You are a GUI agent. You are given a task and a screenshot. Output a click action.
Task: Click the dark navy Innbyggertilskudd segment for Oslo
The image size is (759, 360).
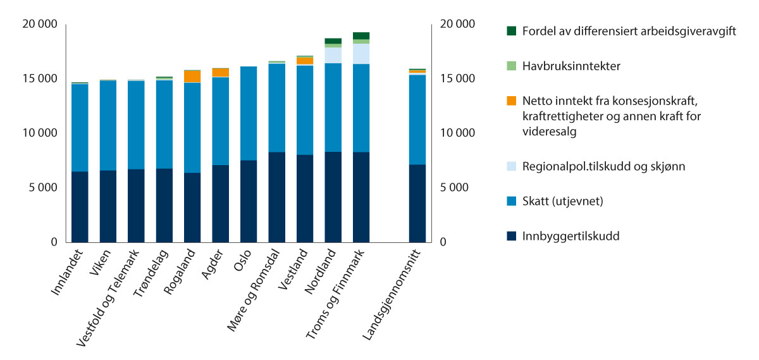coord(249,201)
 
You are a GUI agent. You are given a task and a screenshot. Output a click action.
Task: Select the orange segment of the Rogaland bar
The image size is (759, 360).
coord(192,76)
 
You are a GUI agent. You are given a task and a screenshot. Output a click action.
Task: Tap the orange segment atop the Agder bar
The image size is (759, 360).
coord(221,72)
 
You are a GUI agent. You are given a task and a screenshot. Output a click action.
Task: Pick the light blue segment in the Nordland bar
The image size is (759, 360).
coord(333,55)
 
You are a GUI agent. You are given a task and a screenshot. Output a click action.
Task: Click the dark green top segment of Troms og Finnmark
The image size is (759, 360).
coord(361,35)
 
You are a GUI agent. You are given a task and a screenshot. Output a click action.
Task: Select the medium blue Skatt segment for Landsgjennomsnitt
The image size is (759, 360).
coord(417,120)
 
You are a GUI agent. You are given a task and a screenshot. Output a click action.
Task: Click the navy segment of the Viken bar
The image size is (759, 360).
coord(108,206)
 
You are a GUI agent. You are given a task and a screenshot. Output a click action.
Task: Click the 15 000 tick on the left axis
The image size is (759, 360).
coord(39,79)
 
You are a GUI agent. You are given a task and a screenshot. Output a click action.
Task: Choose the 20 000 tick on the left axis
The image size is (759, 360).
coord(39,24)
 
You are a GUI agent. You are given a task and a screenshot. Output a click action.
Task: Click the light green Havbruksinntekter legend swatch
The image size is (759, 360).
coord(512,65)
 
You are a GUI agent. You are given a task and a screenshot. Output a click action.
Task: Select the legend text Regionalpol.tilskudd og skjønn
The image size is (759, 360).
coord(604,167)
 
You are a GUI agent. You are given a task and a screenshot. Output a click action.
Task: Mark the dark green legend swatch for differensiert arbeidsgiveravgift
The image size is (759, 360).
coord(512,30)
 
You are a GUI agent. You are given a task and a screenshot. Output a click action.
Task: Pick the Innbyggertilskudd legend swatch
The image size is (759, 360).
coord(512,237)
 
